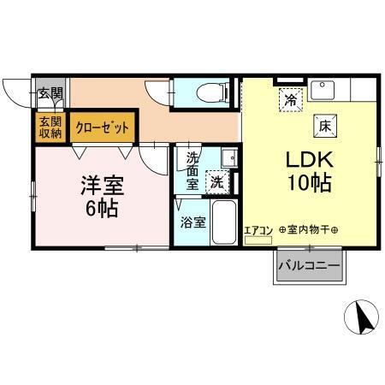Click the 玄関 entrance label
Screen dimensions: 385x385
pos(50,92)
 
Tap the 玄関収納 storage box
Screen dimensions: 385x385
pos(50,126)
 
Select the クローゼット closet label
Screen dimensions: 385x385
pos(103,127)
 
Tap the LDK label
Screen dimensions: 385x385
pos(300,160)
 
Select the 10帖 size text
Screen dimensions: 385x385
pos(300,182)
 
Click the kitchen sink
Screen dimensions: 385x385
pos(324,88)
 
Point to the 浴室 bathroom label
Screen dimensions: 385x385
pos(192,222)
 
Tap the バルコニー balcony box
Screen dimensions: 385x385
pos(308,267)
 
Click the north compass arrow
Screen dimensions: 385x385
pos(362,319)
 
